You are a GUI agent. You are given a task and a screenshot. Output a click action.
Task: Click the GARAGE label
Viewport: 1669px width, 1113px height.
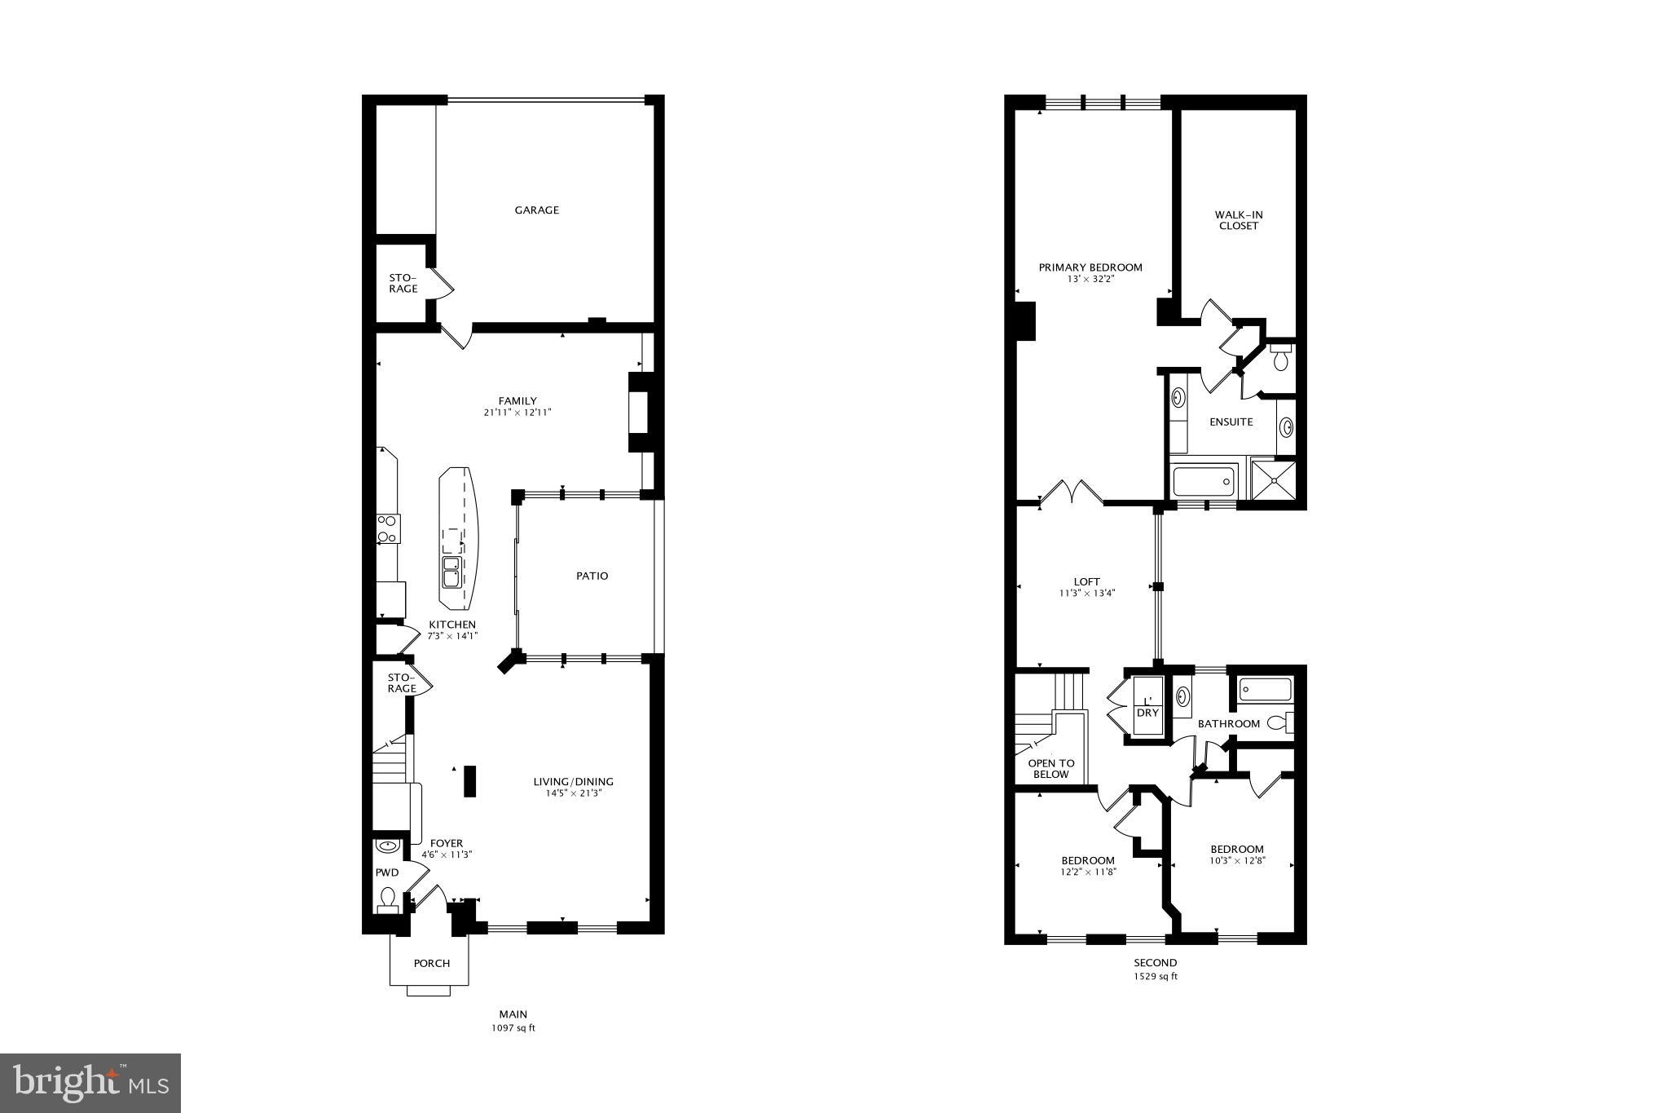(536, 210)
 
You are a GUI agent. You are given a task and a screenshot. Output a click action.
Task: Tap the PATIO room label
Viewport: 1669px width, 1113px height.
(592, 576)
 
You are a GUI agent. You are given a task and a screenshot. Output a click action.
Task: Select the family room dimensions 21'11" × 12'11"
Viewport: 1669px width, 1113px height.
(517, 413)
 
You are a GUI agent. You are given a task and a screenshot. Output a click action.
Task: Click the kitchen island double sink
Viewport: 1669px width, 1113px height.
(451, 572)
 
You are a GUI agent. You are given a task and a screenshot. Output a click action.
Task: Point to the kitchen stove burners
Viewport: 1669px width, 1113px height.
(387, 529)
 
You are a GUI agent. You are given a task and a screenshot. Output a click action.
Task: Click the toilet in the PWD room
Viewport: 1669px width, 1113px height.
(388, 899)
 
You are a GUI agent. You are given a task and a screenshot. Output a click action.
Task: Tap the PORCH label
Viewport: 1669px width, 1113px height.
(431, 963)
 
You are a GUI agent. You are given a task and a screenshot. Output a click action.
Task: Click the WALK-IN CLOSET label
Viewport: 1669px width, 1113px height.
(1238, 220)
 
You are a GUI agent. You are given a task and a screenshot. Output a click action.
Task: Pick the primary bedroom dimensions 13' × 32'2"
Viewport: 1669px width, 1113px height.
(1090, 279)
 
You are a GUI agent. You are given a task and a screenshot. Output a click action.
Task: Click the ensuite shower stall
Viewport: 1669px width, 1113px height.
(1273, 481)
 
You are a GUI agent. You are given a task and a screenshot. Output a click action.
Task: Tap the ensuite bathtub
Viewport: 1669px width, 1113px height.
(1204, 482)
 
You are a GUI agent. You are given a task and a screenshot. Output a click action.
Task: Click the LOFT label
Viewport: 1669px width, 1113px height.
(1086, 582)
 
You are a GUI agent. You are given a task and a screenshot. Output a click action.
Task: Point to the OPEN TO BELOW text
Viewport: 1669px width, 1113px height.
(1050, 769)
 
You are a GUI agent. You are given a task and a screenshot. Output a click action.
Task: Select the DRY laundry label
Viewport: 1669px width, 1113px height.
(1147, 713)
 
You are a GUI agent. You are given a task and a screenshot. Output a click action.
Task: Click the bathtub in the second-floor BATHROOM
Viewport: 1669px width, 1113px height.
(1265, 691)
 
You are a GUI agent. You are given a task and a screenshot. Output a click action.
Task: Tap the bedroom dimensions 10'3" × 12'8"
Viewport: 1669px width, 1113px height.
(1237, 860)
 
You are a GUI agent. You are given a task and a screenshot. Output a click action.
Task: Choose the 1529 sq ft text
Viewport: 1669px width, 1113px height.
(1155, 976)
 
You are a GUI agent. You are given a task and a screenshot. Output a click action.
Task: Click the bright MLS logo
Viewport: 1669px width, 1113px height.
(90, 1082)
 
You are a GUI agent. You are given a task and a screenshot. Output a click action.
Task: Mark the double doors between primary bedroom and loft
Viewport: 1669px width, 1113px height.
(1072, 492)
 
